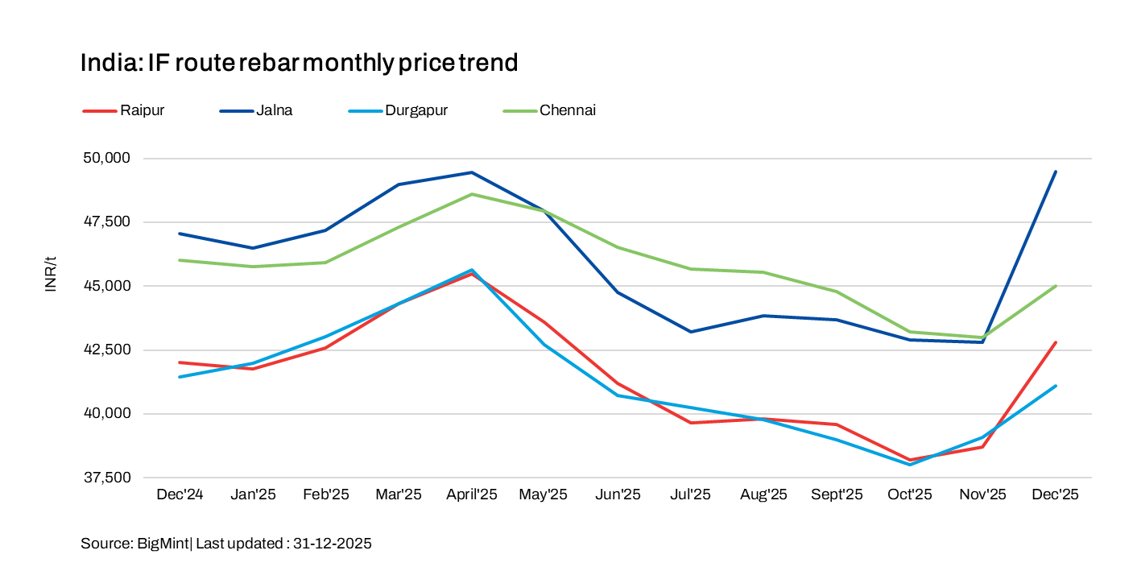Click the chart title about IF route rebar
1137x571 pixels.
click(299, 63)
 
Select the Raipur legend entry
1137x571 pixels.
click(142, 110)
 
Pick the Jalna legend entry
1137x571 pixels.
click(274, 110)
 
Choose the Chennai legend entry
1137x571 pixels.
click(568, 110)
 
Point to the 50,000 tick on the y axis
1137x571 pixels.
click(106, 158)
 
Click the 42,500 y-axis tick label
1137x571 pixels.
click(106, 350)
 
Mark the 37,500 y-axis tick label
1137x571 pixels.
click(106, 478)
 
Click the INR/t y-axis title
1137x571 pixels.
click(51, 273)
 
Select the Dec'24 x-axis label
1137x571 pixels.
click(180, 494)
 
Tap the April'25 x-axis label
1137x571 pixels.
click(472, 494)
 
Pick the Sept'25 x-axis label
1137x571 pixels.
click(837, 494)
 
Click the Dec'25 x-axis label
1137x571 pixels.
click(1055, 494)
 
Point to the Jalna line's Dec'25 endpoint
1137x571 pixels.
click(1056, 172)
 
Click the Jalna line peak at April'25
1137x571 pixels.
click(472, 172)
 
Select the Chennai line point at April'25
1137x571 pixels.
click(472, 194)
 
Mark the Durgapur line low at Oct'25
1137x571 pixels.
click(910, 465)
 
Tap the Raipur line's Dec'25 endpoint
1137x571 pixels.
click(1056, 342)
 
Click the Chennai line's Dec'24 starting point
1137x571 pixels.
click(180, 260)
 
